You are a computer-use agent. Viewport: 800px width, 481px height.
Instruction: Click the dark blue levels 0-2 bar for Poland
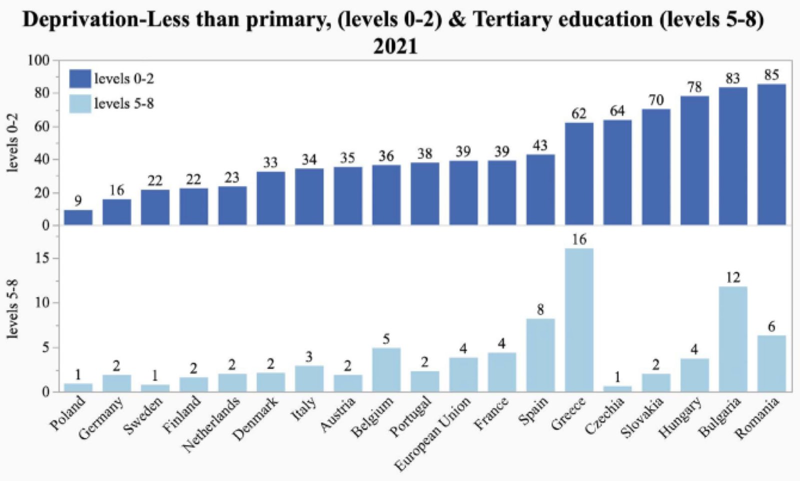[x=78, y=217]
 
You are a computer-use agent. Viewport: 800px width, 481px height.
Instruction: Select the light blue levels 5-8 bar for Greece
[x=579, y=320]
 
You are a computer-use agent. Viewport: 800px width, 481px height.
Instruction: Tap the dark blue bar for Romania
[x=771, y=154]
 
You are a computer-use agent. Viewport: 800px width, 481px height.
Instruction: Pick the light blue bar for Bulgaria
[x=732, y=339]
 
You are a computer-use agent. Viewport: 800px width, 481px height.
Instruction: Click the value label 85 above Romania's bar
[x=771, y=75]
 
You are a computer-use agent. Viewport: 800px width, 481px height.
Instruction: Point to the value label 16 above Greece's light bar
[x=579, y=240]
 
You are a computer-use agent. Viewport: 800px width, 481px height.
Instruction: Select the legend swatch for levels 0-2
[x=80, y=78]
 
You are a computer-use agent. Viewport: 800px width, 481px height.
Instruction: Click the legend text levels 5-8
[x=124, y=103]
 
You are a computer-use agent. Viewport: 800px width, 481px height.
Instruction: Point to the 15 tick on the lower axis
[x=42, y=258]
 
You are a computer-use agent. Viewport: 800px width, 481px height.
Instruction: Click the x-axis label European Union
[x=432, y=434]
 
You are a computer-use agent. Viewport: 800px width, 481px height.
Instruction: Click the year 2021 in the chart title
[x=395, y=46]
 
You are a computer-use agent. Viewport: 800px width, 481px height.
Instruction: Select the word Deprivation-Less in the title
[x=105, y=20]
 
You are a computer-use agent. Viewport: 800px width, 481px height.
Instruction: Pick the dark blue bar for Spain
[x=540, y=189]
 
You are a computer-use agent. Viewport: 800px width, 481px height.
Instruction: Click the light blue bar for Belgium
[x=386, y=369]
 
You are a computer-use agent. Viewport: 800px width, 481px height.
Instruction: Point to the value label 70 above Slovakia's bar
[x=656, y=100]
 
